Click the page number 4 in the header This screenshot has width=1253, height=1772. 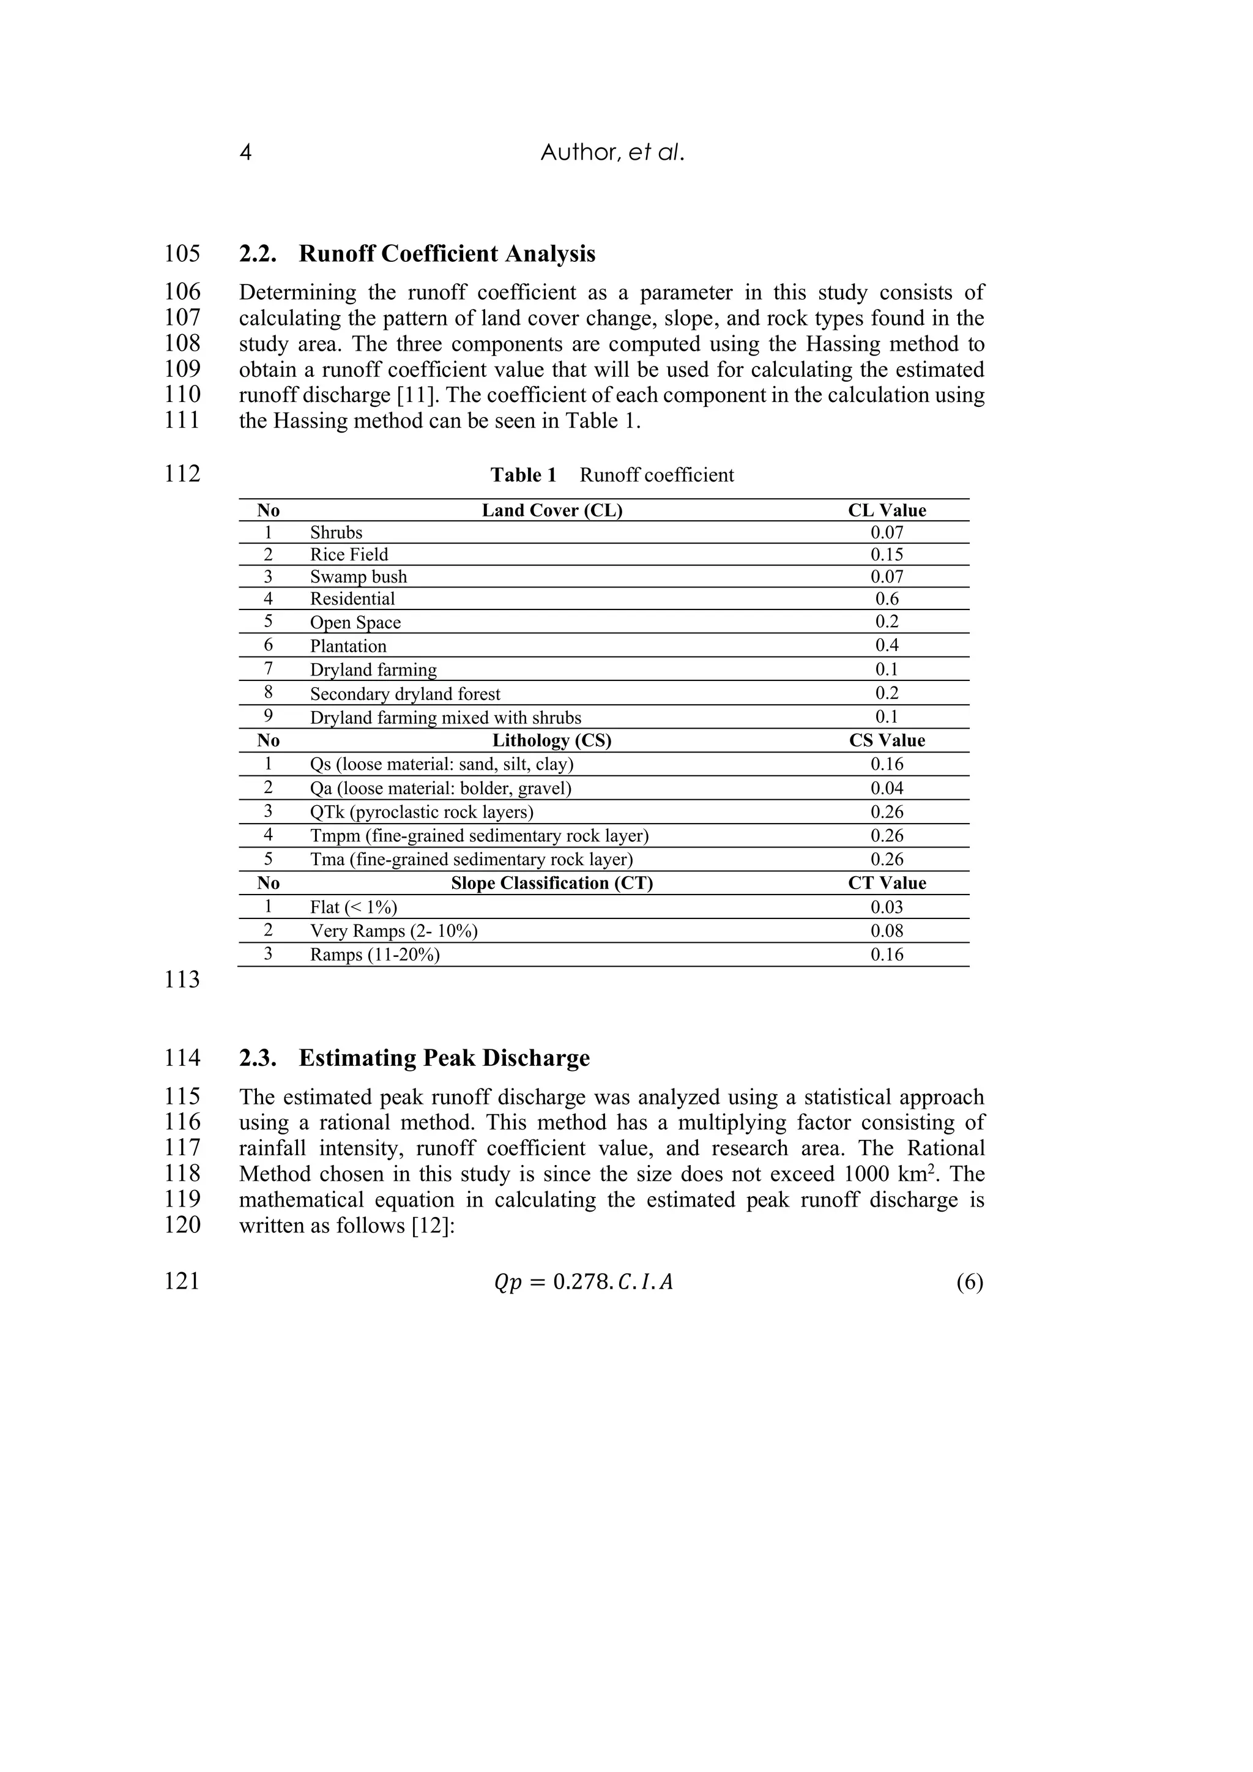click(245, 153)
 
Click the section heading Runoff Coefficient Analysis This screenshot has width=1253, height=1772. click(447, 254)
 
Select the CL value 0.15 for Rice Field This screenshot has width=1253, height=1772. click(887, 555)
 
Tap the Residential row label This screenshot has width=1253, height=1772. click(352, 599)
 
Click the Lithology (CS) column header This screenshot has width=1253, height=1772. click(552, 741)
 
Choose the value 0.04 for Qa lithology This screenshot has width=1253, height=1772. click(887, 788)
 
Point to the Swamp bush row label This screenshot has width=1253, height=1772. click(358, 577)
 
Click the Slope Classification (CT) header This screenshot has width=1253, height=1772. click(552, 884)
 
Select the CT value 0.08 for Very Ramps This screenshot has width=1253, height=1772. click(887, 931)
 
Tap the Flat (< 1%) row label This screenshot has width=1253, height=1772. click(354, 907)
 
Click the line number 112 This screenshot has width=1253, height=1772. click(182, 474)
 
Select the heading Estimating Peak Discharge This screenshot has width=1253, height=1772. click(444, 1058)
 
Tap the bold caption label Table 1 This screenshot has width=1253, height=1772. click(523, 475)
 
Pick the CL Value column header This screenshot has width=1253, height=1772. click(887, 511)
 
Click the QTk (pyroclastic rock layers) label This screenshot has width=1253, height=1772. click(422, 812)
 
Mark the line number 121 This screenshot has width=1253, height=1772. click(182, 1282)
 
